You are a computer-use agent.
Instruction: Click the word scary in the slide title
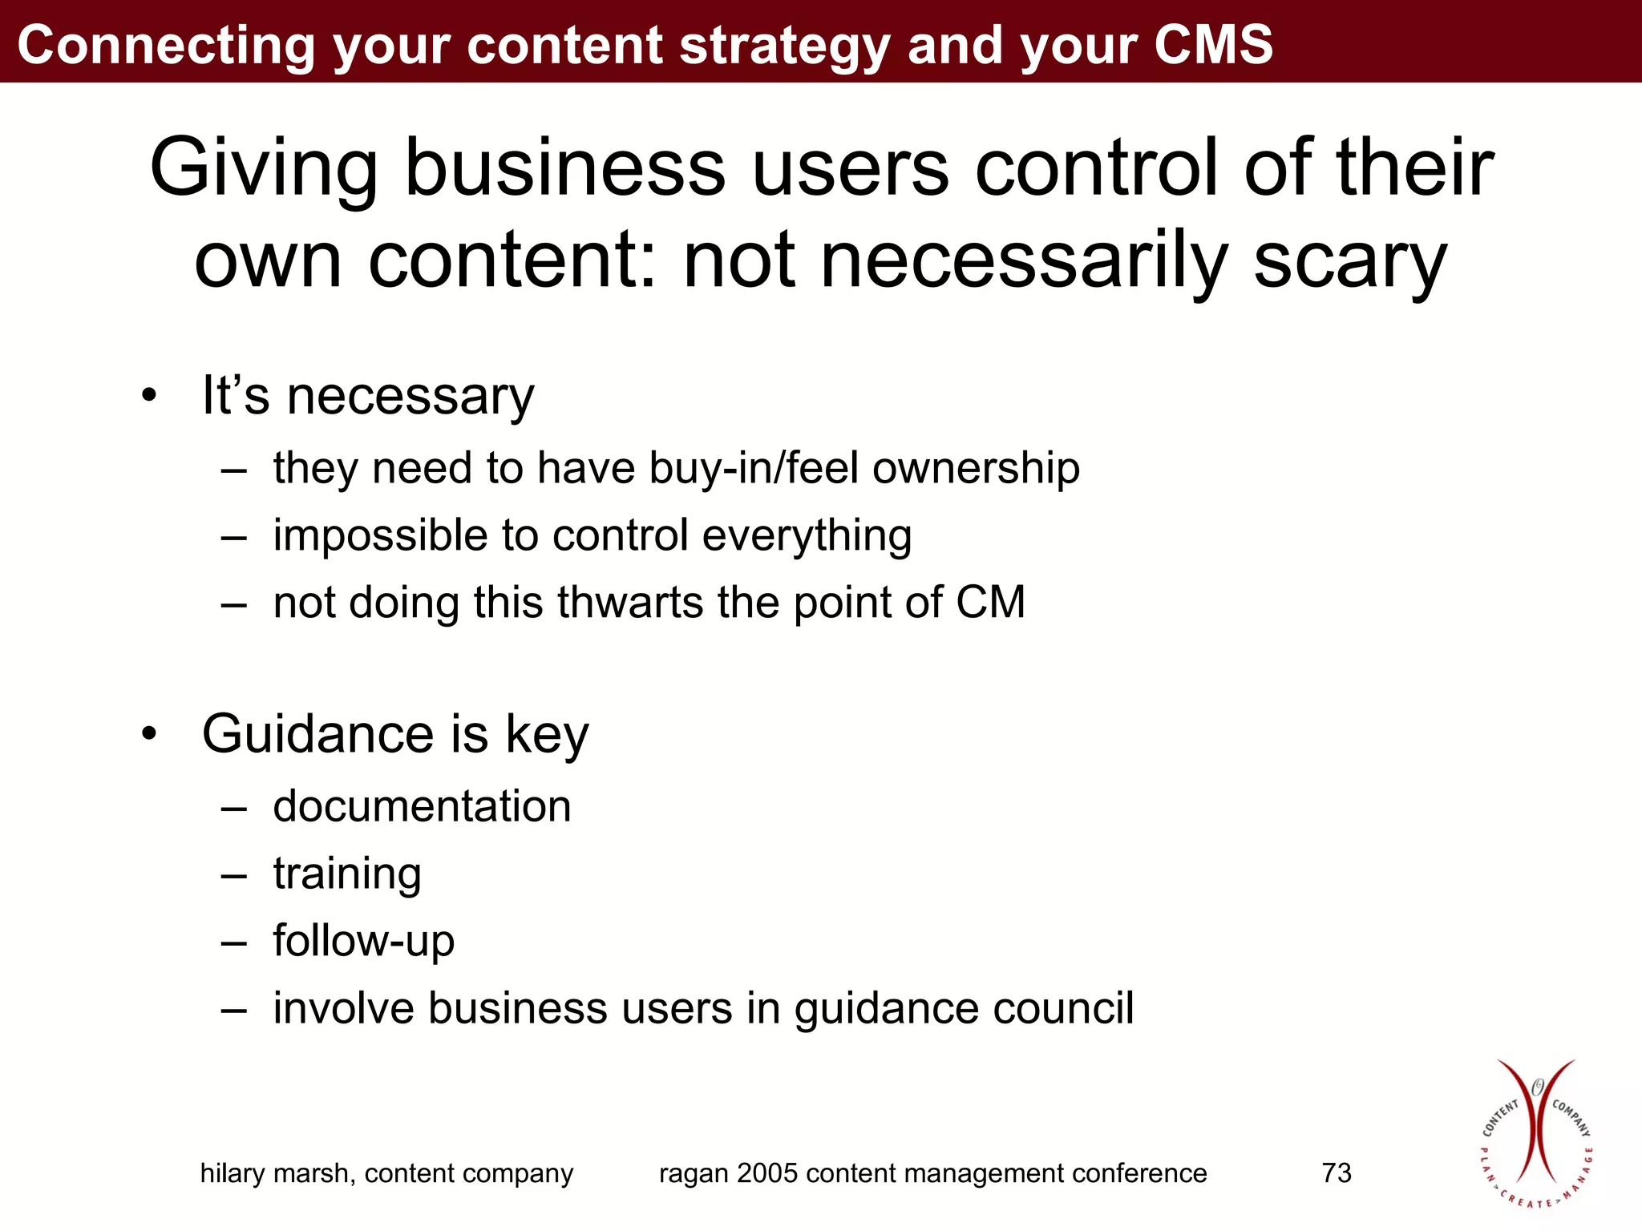1350,261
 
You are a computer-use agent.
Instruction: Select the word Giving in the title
263,168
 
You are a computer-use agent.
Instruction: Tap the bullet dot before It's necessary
149,395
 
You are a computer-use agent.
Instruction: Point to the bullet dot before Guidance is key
149,733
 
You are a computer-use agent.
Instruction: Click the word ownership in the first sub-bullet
976,468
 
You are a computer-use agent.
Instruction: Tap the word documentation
422,806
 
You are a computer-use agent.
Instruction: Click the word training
346,874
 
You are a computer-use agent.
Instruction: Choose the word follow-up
363,941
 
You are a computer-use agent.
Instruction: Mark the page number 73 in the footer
1337,1173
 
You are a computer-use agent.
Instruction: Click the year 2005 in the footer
767,1173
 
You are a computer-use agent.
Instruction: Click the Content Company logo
1535,1133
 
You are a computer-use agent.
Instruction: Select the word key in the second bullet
547,735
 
